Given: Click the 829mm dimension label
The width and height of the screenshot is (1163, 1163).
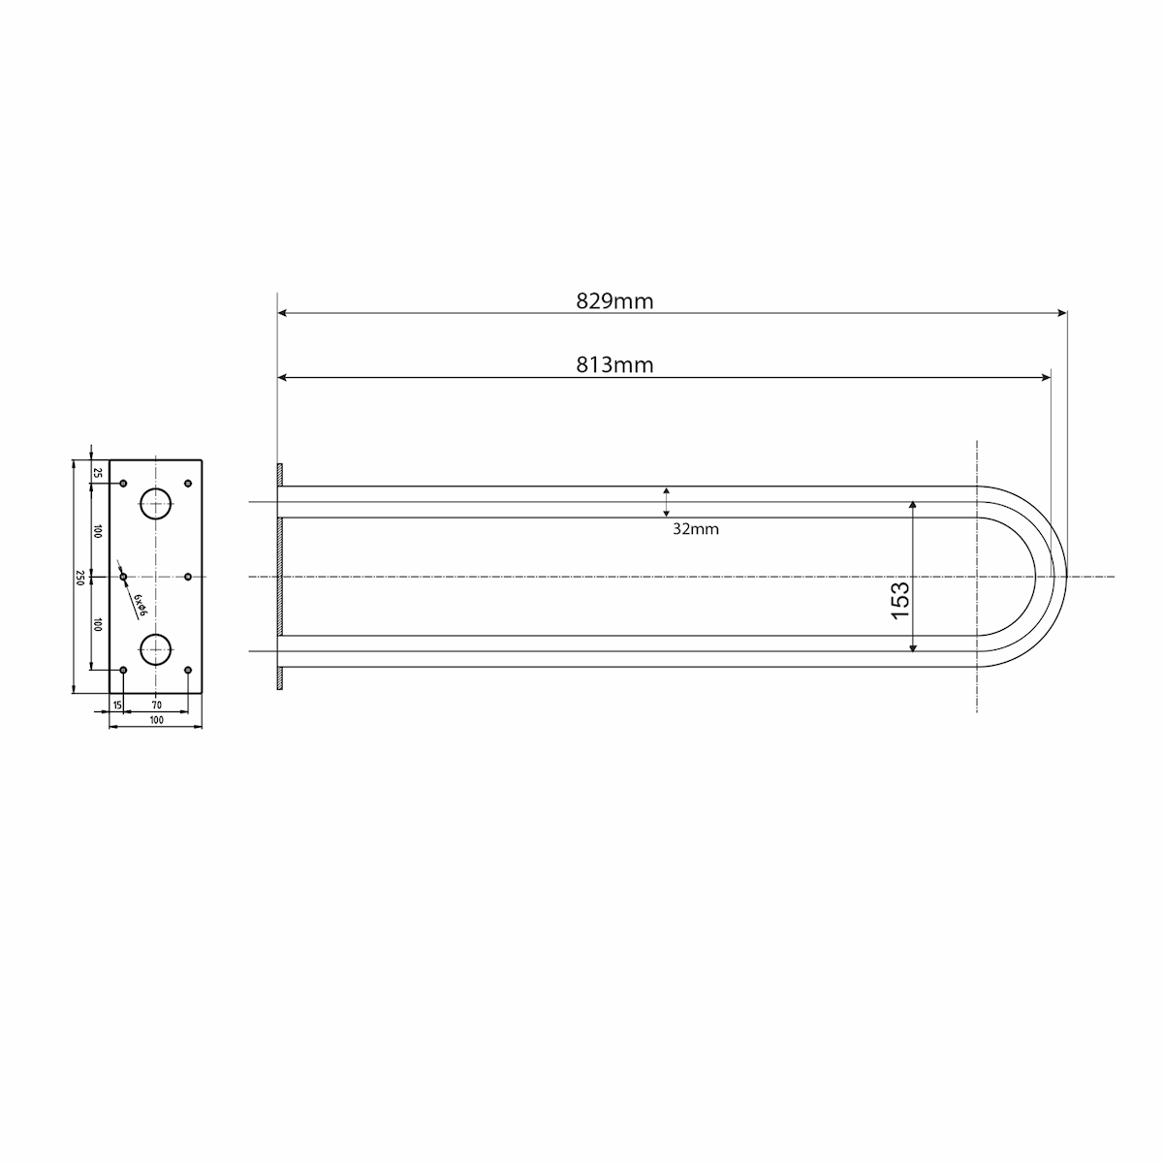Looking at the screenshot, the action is [614, 300].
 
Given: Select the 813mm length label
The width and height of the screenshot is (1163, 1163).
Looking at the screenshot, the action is [614, 364].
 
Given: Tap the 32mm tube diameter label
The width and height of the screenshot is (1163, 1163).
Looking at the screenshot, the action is [695, 529].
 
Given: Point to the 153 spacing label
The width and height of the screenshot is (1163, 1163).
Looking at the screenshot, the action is [899, 600].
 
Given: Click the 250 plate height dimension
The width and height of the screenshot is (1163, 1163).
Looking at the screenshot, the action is [79, 577].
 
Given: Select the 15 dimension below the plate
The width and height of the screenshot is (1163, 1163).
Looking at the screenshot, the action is [117, 705].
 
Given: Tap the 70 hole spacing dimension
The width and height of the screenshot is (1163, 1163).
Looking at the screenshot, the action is [156, 705].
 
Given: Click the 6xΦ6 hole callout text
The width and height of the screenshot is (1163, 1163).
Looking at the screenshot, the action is [140, 606].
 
